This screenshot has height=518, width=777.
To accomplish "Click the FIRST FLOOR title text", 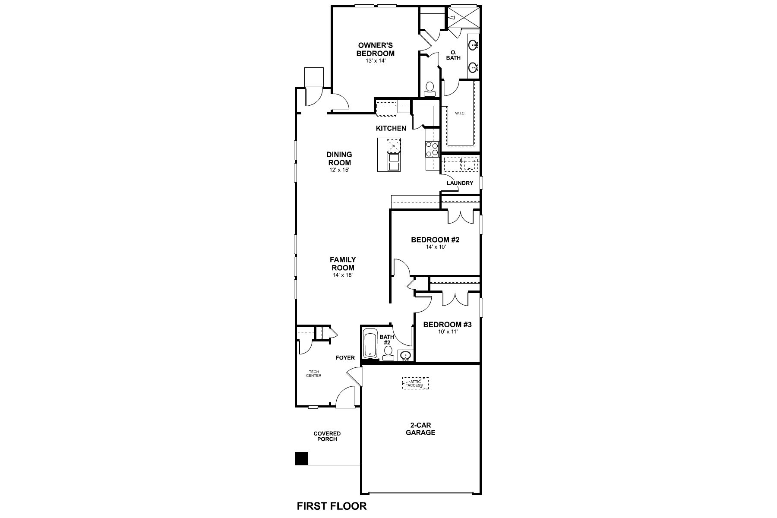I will coord(332,506).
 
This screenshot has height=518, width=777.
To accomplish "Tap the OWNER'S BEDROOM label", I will coord(375,49).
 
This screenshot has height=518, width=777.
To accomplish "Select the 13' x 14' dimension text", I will coord(375,61).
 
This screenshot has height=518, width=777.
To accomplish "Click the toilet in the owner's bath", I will coord(430,88).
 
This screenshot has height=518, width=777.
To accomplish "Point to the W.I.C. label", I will coord(460,114).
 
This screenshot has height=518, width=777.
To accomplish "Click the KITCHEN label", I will coord(391,128).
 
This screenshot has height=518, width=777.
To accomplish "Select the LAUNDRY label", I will coord(460,183).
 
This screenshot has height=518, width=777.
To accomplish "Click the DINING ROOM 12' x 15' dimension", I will coord(339,170).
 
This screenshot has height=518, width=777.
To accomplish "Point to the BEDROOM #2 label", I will coord(435,240).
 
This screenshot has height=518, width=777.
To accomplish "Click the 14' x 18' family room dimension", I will coord(343,275).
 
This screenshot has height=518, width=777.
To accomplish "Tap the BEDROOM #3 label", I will coord(447,325).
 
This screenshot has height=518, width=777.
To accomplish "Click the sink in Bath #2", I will coord(405,356).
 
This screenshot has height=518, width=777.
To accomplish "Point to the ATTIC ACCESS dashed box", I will coord(415,383).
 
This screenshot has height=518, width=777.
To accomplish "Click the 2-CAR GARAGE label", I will coord(420,429).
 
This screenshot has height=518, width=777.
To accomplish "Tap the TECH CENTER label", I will coord(314,373).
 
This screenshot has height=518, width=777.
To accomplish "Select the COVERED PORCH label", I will coord(327,436).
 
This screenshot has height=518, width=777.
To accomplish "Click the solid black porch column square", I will coord(301,458).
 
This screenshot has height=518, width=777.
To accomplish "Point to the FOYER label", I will coord(345,357).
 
